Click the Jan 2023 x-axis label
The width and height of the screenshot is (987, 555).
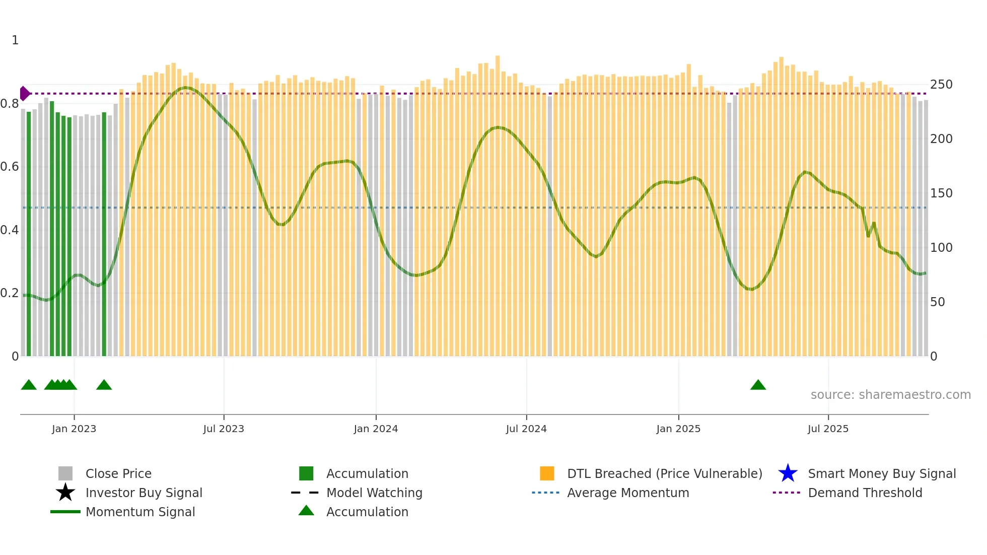click(x=74, y=429)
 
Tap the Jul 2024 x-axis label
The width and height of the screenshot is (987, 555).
click(x=526, y=429)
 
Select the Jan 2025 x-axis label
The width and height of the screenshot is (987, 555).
click(x=678, y=429)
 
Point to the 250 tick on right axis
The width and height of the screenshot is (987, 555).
click(x=941, y=85)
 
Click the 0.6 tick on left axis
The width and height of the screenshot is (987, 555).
click(x=10, y=167)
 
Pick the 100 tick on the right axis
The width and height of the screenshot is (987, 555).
click(x=941, y=248)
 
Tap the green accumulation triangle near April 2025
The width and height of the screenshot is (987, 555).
click(x=758, y=385)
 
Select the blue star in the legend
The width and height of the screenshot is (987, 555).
click(x=788, y=473)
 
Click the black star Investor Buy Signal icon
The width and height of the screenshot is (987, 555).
click(x=65, y=493)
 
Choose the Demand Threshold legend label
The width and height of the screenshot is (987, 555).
click(x=865, y=493)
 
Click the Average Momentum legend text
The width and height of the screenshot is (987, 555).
click(x=628, y=493)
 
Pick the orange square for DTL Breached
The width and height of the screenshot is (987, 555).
click(x=547, y=473)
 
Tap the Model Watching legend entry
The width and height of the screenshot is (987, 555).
click(x=374, y=493)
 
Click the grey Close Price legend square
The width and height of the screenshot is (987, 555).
click(x=65, y=473)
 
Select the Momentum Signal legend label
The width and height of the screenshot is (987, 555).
click(x=140, y=512)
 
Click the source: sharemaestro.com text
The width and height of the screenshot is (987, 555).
click(x=890, y=394)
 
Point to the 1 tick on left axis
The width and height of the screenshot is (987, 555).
click(x=15, y=40)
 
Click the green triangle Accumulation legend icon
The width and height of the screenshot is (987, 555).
click(x=306, y=511)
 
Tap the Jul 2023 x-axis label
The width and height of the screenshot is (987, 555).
click(x=224, y=429)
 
